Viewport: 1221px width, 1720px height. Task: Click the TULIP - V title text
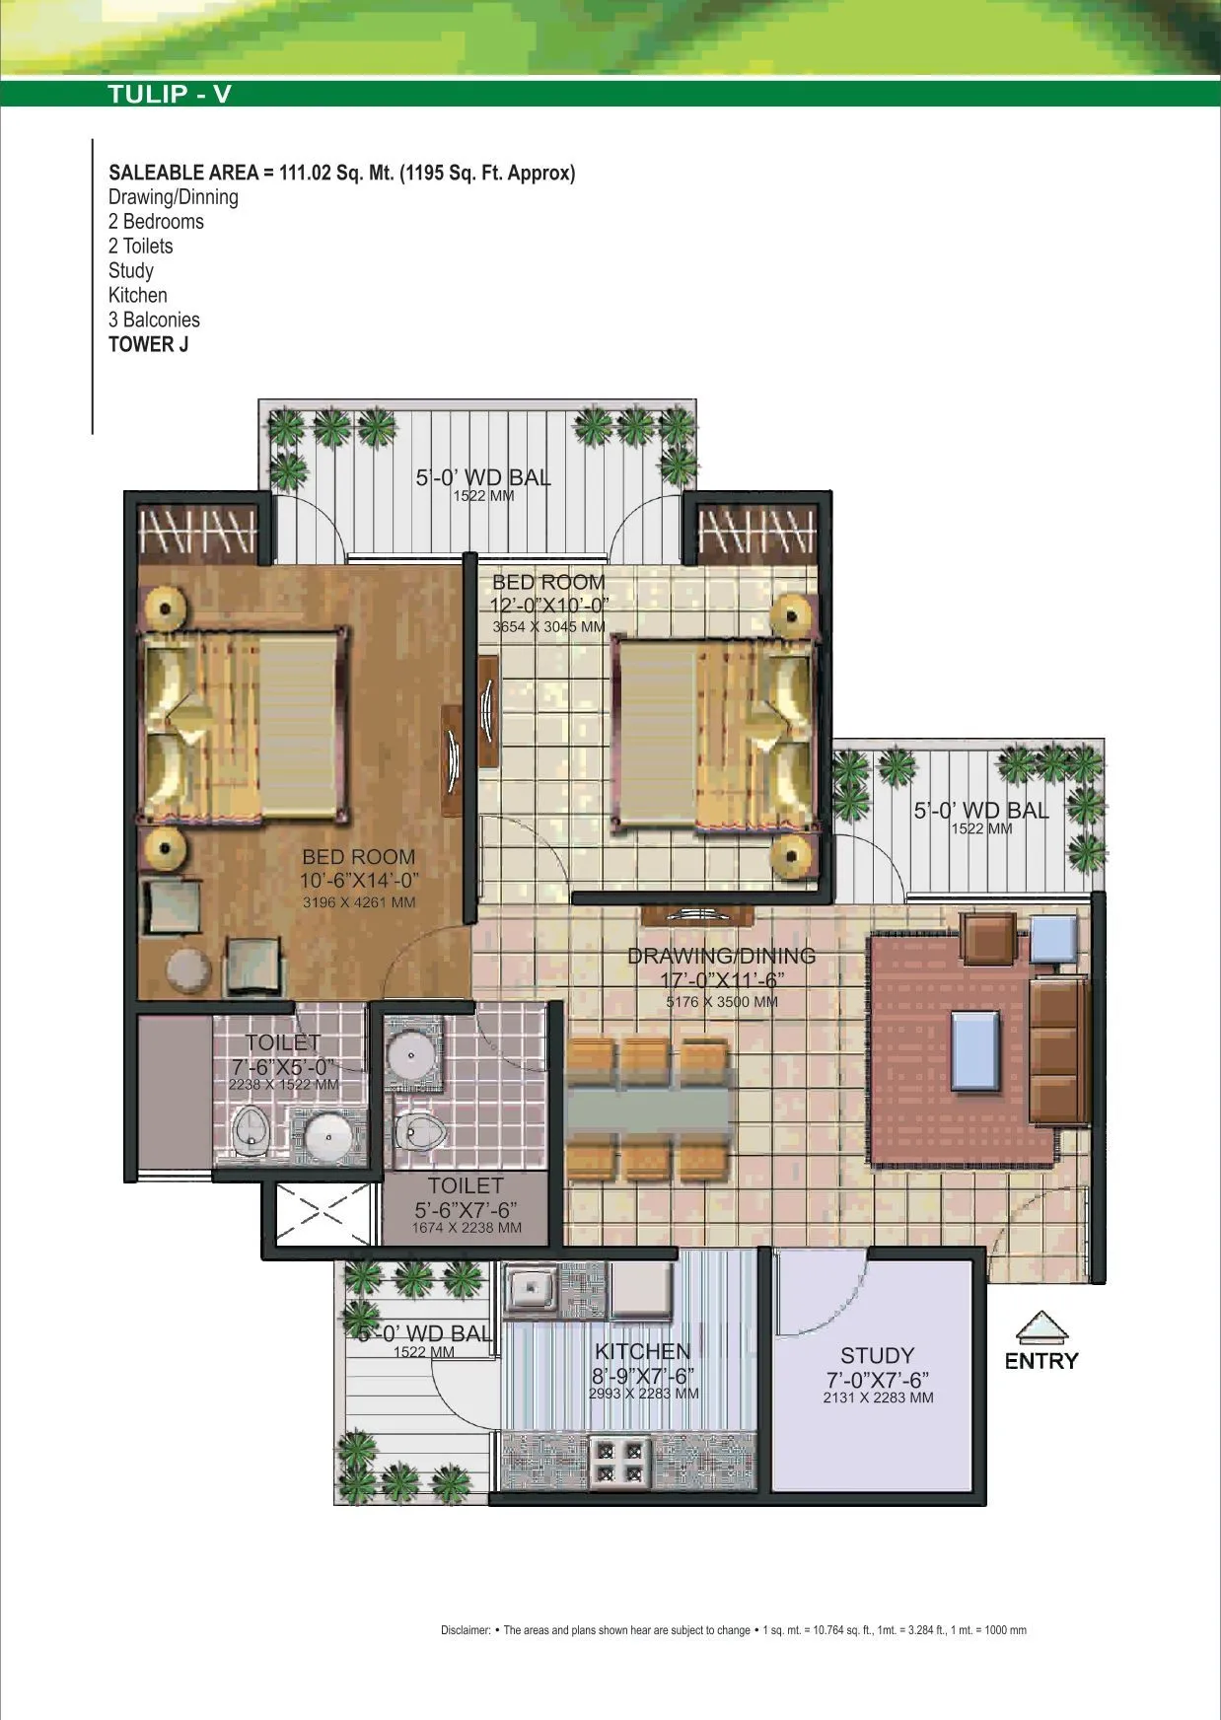click(170, 94)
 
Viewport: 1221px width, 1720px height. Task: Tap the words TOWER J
click(148, 344)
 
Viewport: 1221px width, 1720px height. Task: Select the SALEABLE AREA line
click(341, 173)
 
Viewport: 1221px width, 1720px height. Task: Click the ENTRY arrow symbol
click(1041, 1327)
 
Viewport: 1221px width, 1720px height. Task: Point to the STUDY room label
click(877, 1355)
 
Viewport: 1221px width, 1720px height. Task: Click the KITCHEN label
click(642, 1351)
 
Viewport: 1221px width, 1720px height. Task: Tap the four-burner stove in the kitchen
click(619, 1462)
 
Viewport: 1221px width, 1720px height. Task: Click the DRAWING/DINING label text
click(721, 956)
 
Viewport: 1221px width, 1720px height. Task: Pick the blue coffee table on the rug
click(974, 1049)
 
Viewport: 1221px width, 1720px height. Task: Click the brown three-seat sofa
click(1057, 1050)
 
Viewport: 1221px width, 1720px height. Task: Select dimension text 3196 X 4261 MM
click(358, 902)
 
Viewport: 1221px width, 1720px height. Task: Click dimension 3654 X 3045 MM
click(548, 627)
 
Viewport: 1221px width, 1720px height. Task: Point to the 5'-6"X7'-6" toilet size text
click(466, 1209)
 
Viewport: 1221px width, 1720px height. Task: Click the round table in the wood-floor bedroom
click(188, 969)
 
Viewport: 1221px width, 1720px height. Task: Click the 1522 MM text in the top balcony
click(483, 496)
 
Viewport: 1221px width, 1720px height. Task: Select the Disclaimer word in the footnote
click(465, 1630)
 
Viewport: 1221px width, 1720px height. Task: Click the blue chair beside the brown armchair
click(1055, 938)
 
